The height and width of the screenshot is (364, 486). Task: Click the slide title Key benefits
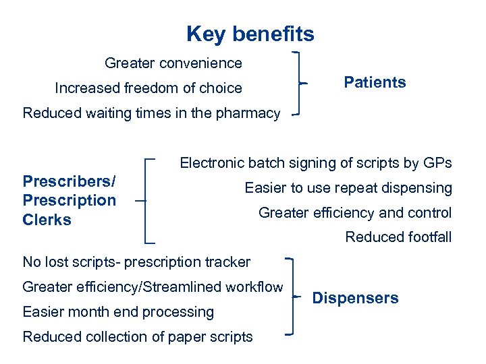250,34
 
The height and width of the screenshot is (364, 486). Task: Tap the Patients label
375,83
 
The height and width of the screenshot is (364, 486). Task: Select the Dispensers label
355,298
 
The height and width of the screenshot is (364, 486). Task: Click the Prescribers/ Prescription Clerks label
70,200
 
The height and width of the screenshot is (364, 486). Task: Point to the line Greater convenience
173,63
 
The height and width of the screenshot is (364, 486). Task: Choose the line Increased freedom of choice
148,88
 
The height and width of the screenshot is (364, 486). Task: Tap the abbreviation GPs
438,163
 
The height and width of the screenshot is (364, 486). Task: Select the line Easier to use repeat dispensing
348,188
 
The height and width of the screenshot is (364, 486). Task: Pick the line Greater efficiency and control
355,213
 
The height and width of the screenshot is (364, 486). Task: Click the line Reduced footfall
398,237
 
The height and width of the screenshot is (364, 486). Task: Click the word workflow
252,287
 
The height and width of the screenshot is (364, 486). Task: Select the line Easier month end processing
118,312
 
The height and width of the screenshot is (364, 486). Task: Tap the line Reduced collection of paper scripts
138,337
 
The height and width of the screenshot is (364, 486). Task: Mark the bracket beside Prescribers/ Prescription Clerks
146,200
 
